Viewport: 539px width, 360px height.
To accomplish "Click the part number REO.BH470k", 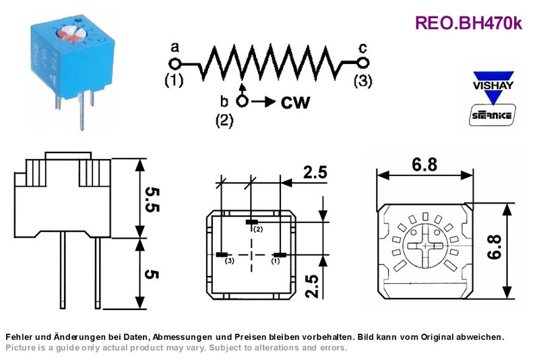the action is (468, 24).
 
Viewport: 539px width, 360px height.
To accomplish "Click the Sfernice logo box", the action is (493, 115).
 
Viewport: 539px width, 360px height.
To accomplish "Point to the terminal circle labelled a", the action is (175, 64).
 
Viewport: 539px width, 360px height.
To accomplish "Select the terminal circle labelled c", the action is (363, 63).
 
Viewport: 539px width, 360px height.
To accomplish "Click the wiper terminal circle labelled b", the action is (243, 101).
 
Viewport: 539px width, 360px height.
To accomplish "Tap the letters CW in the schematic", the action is (295, 102).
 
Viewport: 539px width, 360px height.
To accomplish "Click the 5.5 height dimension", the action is (152, 200).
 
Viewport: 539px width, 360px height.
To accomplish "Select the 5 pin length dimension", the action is (152, 274).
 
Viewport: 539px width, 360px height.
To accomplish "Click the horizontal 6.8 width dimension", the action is (424, 164).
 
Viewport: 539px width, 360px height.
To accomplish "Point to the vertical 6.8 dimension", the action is (495, 247).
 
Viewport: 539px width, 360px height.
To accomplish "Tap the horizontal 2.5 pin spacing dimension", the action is (315, 172).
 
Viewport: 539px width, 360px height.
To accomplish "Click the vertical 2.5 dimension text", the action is (313, 286).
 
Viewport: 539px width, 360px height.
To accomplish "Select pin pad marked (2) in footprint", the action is (254, 222).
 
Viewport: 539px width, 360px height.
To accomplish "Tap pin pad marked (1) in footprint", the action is (280, 255).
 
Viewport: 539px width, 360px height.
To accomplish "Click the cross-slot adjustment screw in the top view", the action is (426, 246).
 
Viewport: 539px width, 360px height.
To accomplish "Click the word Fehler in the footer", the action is (16, 336).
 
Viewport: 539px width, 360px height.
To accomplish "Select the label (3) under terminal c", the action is (363, 81).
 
